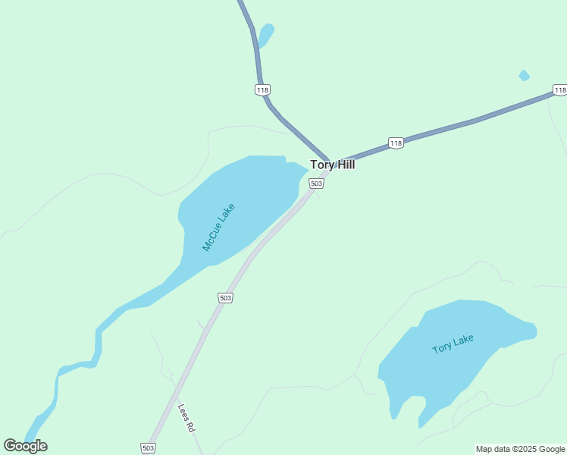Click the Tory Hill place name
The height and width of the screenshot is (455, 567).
click(x=332, y=165)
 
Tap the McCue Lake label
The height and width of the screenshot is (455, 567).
click(x=219, y=227)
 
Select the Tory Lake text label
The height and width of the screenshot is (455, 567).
click(x=453, y=344)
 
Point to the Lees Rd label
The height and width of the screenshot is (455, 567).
click(x=186, y=418)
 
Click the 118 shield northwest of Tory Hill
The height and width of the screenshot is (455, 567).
click(x=262, y=89)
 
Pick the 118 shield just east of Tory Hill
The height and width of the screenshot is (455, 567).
click(x=395, y=143)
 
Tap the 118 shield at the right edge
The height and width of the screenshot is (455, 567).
click(x=559, y=90)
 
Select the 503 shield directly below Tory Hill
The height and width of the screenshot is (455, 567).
click(x=317, y=184)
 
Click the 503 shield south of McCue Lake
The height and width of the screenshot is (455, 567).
click(x=225, y=298)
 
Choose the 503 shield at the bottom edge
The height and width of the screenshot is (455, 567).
click(x=149, y=448)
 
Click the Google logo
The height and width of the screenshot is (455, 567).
click(x=25, y=446)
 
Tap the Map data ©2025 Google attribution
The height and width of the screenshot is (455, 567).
click(x=521, y=449)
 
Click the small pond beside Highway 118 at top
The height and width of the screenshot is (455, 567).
click(x=265, y=34)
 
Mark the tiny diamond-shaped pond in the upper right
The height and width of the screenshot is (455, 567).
click(x=524, y=75)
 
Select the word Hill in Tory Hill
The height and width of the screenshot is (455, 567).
click(x=344, y=165)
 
